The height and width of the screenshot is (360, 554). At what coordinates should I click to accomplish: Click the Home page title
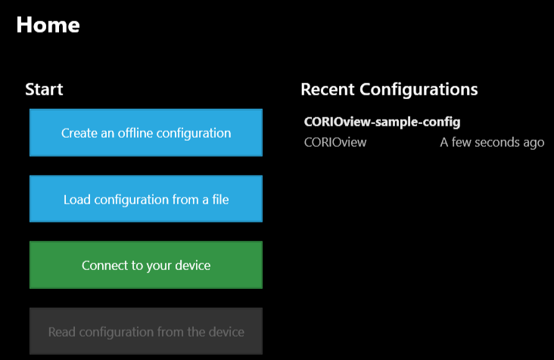coord(48,25)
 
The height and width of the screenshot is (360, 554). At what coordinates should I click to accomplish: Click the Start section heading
coord(44,89)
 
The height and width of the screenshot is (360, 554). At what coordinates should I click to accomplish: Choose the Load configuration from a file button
coord(146,199)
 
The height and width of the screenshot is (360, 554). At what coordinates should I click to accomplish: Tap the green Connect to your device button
coord(146,265)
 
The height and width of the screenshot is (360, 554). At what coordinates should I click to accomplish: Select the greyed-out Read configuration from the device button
coord(146,331)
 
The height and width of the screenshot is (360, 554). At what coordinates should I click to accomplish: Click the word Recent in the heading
coord(328,89)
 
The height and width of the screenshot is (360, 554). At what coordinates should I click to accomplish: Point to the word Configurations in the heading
coord(419,90)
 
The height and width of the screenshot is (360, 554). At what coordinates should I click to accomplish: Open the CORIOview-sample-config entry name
coord(382,122)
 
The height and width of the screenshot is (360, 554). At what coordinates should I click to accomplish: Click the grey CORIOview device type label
coord(335,142)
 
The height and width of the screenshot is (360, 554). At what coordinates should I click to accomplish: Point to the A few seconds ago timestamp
coord(492,143)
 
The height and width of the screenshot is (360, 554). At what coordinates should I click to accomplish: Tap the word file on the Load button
coord(220,200)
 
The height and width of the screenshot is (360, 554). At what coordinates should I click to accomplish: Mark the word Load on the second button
coord(77,200)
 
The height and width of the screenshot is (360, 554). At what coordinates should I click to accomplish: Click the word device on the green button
coord(192,265)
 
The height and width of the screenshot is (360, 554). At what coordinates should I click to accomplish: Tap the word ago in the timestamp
coord(534,144)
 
